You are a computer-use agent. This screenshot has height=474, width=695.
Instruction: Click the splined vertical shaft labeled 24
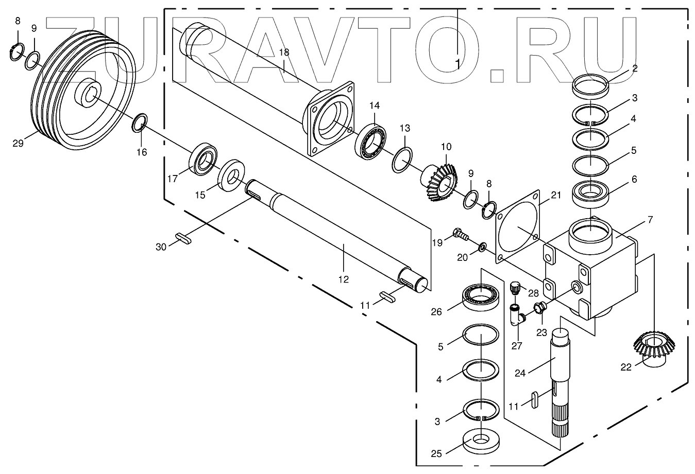(560, 381)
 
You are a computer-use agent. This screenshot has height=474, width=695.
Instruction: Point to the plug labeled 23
(539, 308)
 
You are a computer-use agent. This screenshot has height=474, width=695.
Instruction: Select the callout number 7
(650, 220)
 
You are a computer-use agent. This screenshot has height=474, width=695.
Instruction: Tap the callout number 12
(344, 279)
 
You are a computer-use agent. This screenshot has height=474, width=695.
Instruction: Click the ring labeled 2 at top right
(591, 83)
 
